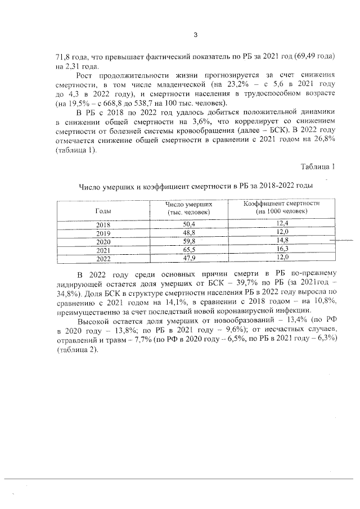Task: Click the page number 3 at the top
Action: click(x=195, y=35)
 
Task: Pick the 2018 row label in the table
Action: click(x=103, y=225)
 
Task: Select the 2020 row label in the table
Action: click(x=103, y=241)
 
